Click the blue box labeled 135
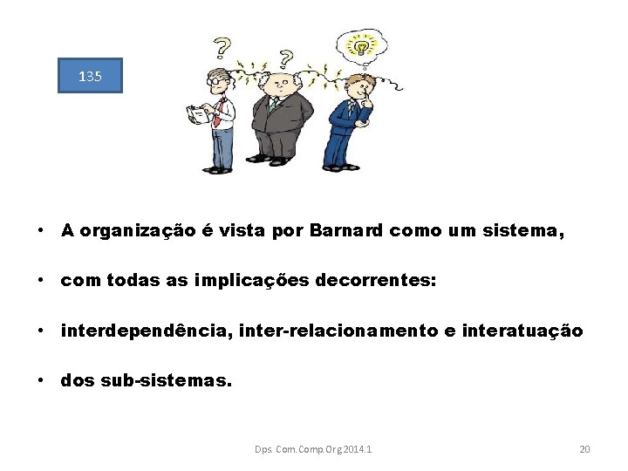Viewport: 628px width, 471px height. pyautogui.click(x=90, y=76)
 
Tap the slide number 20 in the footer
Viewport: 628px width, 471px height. pyautogui.click(x=584, y=449)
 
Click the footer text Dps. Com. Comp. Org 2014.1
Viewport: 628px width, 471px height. pyautogui.click(x=313, y=449)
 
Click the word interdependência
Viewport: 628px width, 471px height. pyautogui.click(x=140, y=331)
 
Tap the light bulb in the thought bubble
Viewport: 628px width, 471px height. pyautogui.click(x=358, y=44)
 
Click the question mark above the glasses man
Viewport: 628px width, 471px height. pyautogui.click(x=223, y=47)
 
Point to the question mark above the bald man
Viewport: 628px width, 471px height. pyautogui.click(x=284, y=58)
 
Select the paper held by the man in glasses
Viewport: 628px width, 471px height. pyautogui.click(x=200, y=115)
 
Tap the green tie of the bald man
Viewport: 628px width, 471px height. pyautogui.click(x=273, y=106)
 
